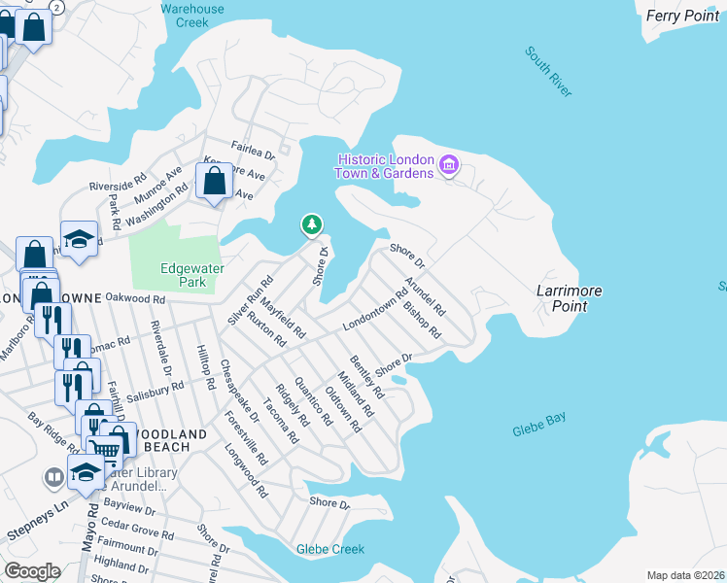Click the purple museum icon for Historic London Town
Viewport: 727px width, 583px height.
pos(448,165)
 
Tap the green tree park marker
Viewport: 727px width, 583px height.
pos(311,225)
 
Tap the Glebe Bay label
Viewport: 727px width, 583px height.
pos(539,425)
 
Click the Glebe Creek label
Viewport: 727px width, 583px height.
pos(330,549)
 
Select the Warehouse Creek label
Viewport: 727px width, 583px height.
pos(191,16)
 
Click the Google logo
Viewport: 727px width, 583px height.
pos(32,571)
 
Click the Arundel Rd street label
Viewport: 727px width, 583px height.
pos(425,297)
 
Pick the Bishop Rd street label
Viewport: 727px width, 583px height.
pos(422,321)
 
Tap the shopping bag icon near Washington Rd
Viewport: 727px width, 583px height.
pos(214,181)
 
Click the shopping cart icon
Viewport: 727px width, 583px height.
pos(105,448)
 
